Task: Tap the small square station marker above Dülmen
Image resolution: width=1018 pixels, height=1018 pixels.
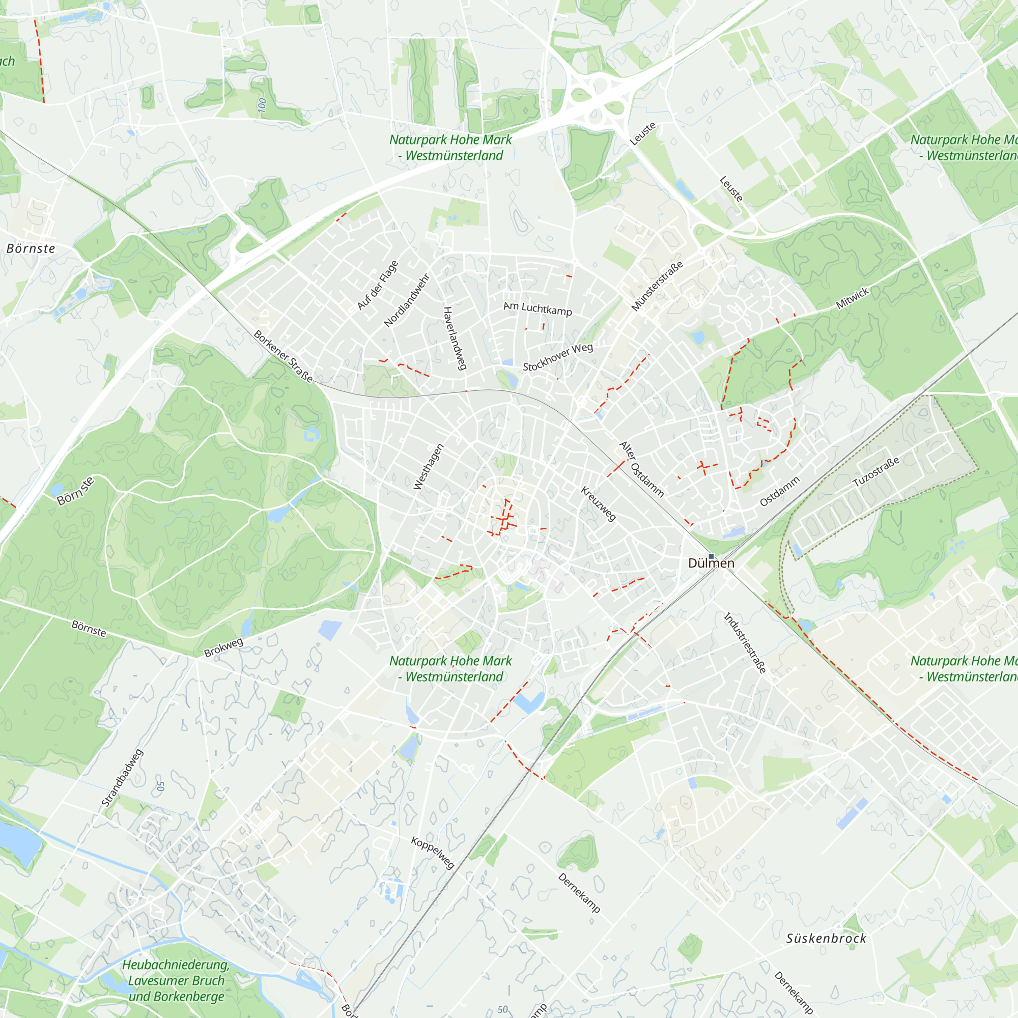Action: click(x=711, y=556)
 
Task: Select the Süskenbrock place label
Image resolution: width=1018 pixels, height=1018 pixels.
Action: click(x=826, y=939)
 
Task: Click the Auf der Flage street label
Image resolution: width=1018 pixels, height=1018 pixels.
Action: click(x=377, y=285)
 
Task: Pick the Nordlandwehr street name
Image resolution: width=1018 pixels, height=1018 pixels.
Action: click(x=407, y=300)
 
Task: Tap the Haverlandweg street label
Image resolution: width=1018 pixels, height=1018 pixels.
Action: click(x=455, y=338)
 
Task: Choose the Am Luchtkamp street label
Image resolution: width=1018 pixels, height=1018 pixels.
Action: click(x=538, y=309)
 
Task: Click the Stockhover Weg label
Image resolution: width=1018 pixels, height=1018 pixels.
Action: click(x=557, y=357)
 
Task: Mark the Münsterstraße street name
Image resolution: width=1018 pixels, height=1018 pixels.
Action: click(x=657, y=286)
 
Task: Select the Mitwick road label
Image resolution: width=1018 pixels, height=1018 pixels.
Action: click(x=852, y=298)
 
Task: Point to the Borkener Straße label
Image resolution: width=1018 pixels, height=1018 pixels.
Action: click(x=284, y=356)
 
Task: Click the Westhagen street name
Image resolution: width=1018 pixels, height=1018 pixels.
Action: click(x=429, y=467)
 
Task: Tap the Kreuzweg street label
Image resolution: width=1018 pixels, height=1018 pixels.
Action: click(x=598, y=504)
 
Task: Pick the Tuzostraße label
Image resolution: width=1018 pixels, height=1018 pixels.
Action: click(x=875, y=472)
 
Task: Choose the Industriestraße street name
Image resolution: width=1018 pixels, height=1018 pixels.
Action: click(x=745, y=643)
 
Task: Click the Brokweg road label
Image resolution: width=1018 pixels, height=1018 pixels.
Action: click(x=223, y=647)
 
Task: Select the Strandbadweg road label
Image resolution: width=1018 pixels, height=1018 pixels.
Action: click(x=122, y=778)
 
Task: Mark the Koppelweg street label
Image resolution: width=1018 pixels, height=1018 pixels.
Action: click(x=432, y=853)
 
